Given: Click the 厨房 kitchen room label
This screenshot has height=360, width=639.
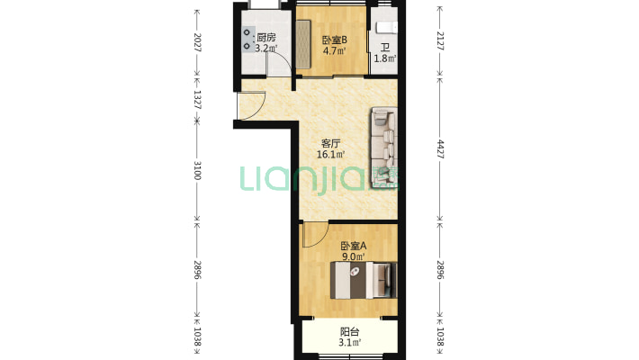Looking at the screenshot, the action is click(266, 38).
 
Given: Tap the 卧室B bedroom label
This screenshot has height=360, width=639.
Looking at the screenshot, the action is click(335, 40).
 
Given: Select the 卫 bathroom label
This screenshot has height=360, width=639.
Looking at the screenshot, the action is click(385, 48).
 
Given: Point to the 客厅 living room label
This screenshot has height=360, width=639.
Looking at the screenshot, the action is click(331, 143).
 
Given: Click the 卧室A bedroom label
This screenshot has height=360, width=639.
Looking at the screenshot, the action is click(354, 246).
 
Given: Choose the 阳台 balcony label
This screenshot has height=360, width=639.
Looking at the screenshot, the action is click(350, 332).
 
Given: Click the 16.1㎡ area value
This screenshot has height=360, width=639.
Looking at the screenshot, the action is click(331, 155).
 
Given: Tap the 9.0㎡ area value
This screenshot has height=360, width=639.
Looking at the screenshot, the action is click(354, 256).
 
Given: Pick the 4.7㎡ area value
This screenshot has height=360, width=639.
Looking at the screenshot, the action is click(335, 51).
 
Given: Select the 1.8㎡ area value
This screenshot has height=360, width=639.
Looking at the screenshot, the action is click(385, 58).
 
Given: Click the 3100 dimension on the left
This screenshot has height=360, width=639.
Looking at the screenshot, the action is click(197, 170).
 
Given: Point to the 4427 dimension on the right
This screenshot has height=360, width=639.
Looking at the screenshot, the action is click(440, 149).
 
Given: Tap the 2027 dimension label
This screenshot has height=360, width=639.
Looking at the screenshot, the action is click(197, 42).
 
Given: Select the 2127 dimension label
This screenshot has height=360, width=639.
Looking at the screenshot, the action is click(440, 40).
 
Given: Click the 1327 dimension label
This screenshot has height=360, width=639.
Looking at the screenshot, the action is click(197, 100).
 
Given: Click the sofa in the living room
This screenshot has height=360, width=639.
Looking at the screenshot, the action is click(383, 148).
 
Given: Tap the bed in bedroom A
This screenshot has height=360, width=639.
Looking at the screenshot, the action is click(364, 280).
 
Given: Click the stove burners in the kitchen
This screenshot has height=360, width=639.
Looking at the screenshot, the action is click(247, 39).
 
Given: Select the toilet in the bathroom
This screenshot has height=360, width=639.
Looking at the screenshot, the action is click(386, 27).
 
